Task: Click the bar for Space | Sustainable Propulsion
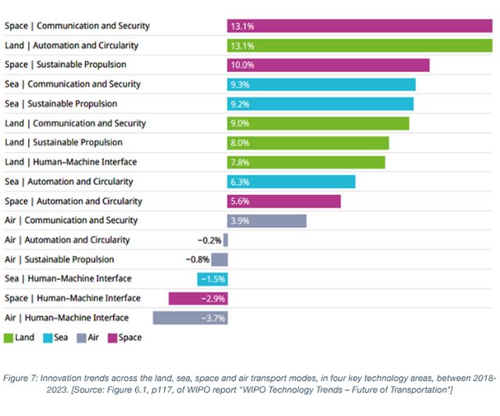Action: point(328,65)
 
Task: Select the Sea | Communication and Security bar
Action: point(321,84)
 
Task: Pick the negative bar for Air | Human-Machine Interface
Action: point(190,318)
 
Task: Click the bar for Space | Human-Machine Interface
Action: point(198,298)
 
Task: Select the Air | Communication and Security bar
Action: point(266,221)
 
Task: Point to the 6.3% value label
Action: point(240,182)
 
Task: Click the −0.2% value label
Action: point(209,240)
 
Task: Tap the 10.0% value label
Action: point(241,65)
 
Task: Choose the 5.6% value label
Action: point(240,201)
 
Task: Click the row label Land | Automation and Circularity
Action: point(70,45)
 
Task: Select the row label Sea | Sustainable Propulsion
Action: point(61,104)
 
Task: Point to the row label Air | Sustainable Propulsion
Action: point(59,259)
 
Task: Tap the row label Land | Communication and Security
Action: point(75,123)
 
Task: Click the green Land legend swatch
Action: point(9,338)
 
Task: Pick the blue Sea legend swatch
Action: point(46,338)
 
